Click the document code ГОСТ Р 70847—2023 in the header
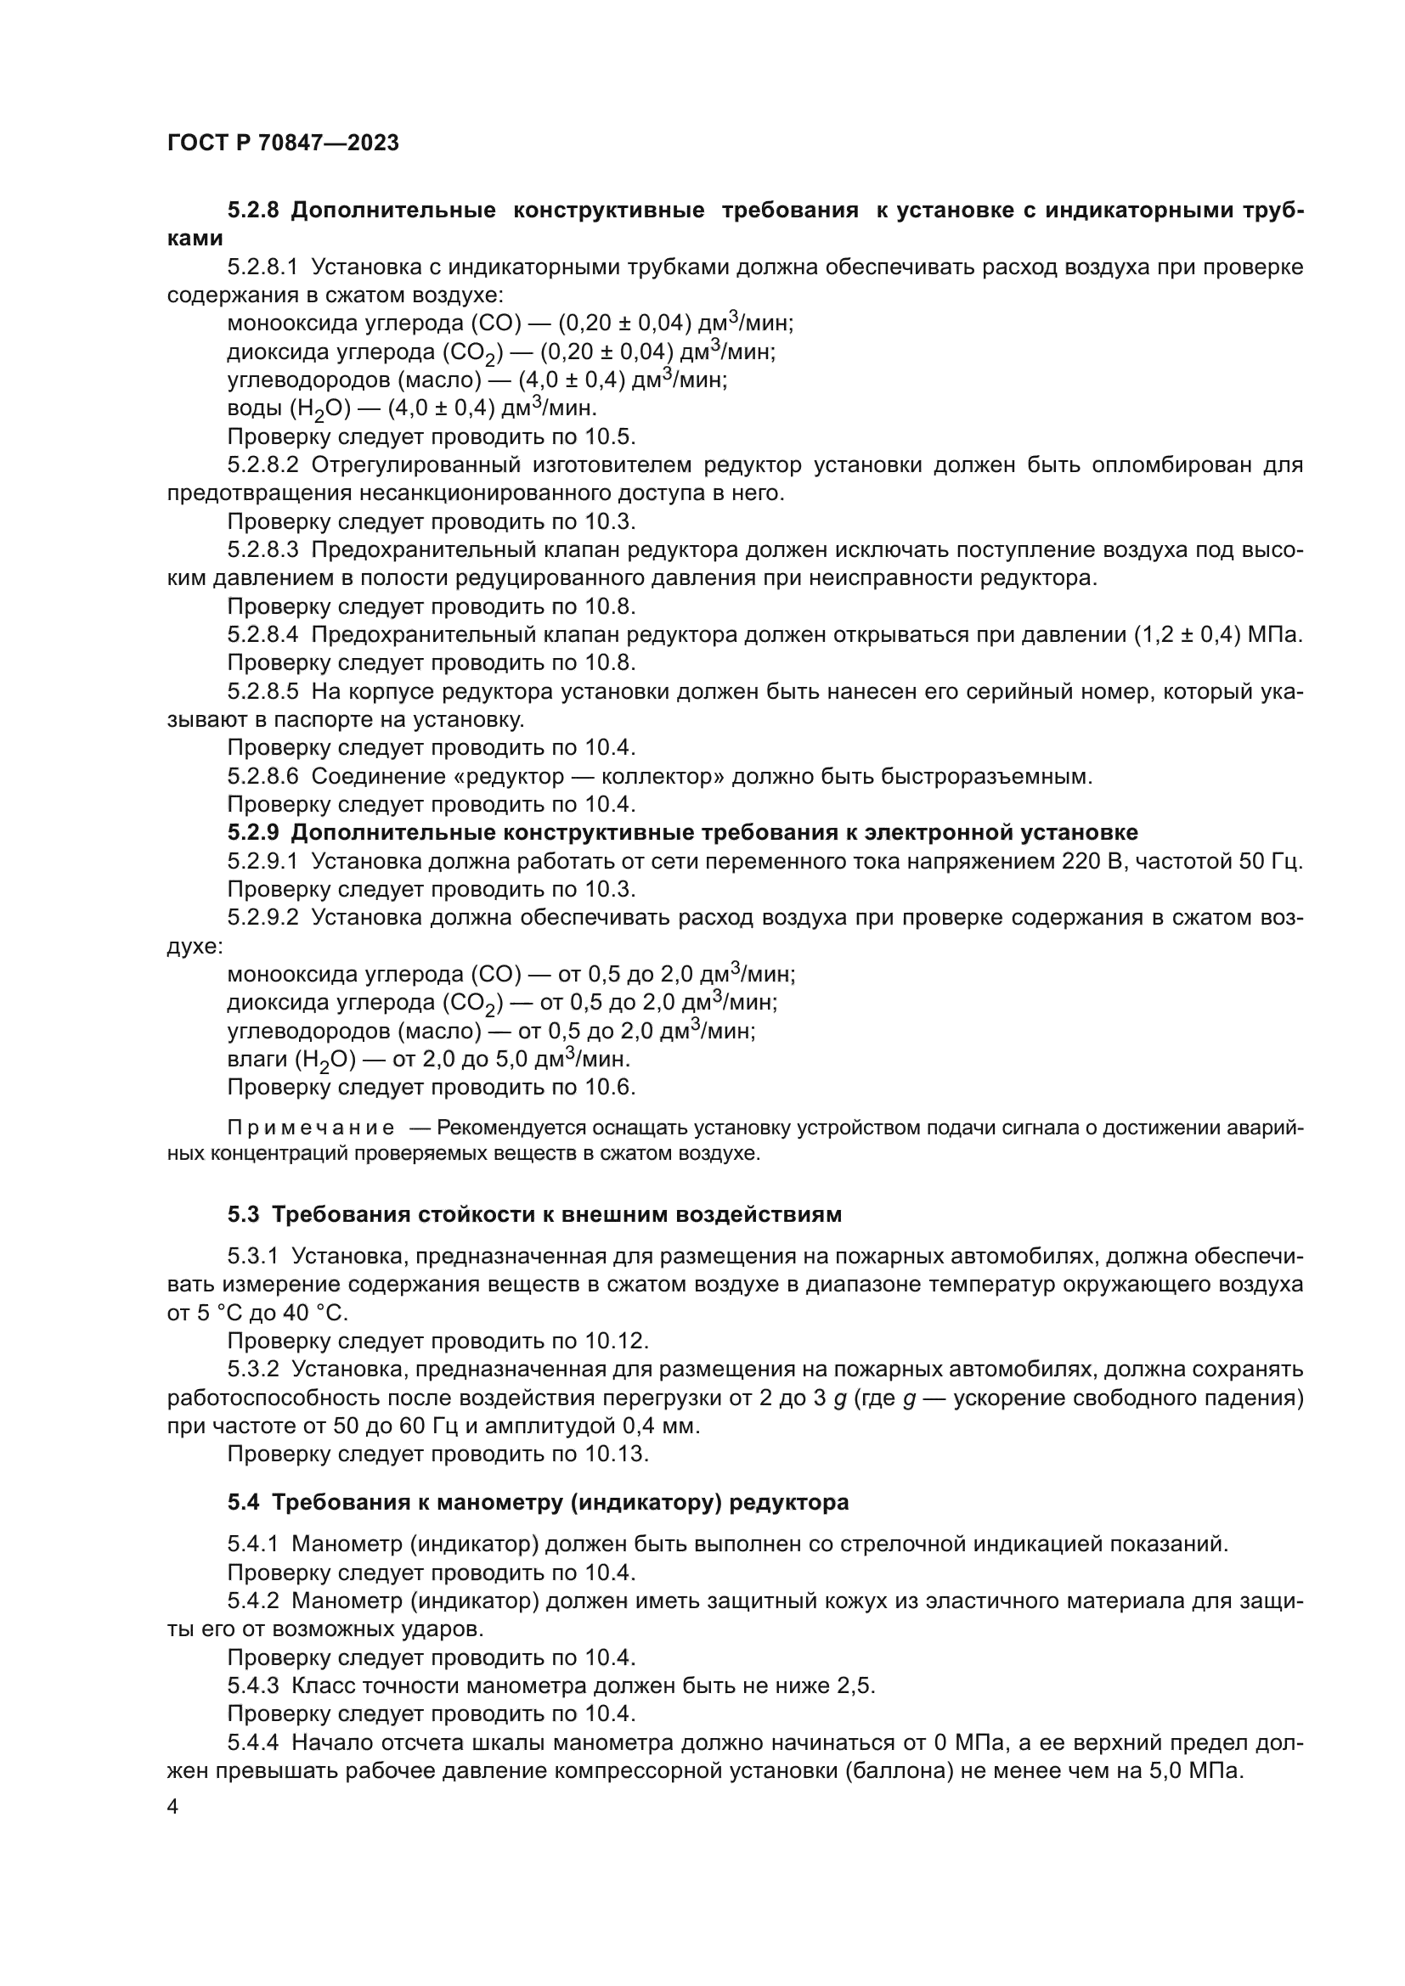coord(283,143)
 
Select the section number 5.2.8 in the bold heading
coord(252,211)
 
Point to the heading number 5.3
coord(243,1214)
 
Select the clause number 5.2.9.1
coord(263,861)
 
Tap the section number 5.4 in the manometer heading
coord(243,1503)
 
